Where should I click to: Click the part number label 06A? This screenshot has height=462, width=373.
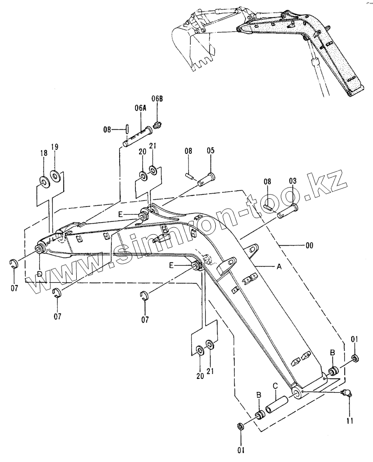click(140, 108)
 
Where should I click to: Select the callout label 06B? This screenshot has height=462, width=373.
click(157, 98)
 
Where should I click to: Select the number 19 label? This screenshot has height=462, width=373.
click(55, 147)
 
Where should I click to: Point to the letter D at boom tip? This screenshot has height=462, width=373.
click(40, 275)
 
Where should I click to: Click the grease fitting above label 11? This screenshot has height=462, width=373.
click(346, 393)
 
